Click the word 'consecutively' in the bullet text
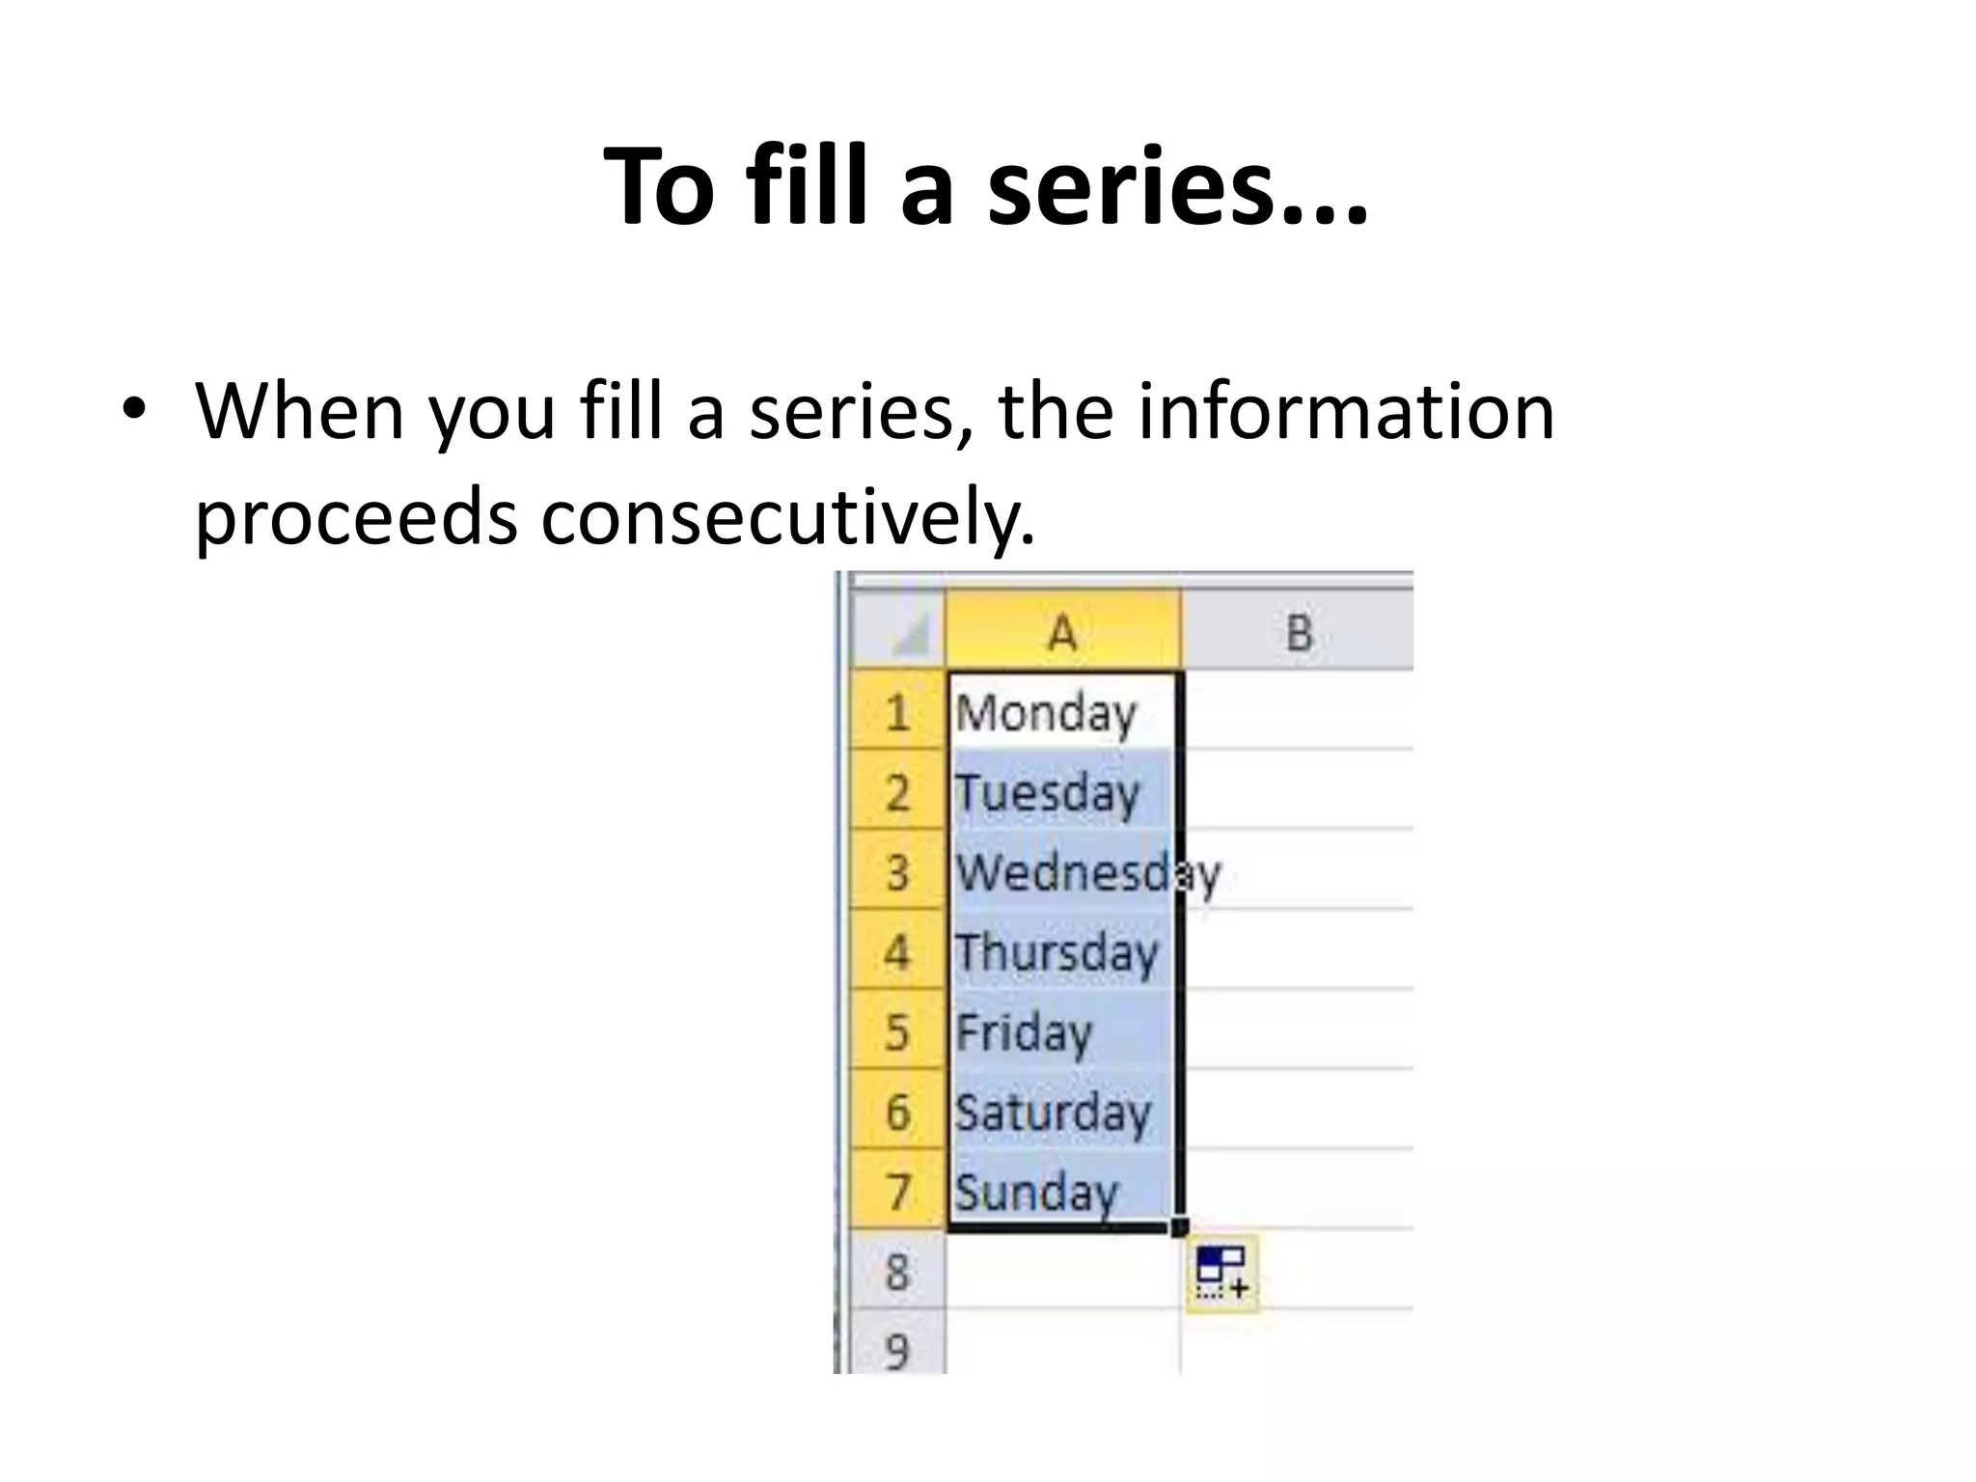[787, 517]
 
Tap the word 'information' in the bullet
[1345, 411]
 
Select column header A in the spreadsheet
[1062, 633]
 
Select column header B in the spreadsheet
[1299, 633]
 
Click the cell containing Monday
[1062, 712]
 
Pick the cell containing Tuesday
[1062, 792]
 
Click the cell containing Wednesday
[1062, 872]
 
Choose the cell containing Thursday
[1062, 952]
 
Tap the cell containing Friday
[1062, 1032]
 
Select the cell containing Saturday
[1062, 1111]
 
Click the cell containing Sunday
[1062, 1192]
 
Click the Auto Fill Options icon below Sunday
[1221, 1272]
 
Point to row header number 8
[897, 1272]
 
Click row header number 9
[897, 1349]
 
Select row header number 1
[897, 713]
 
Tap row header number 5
[897, 1032]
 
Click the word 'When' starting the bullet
[300, 411]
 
